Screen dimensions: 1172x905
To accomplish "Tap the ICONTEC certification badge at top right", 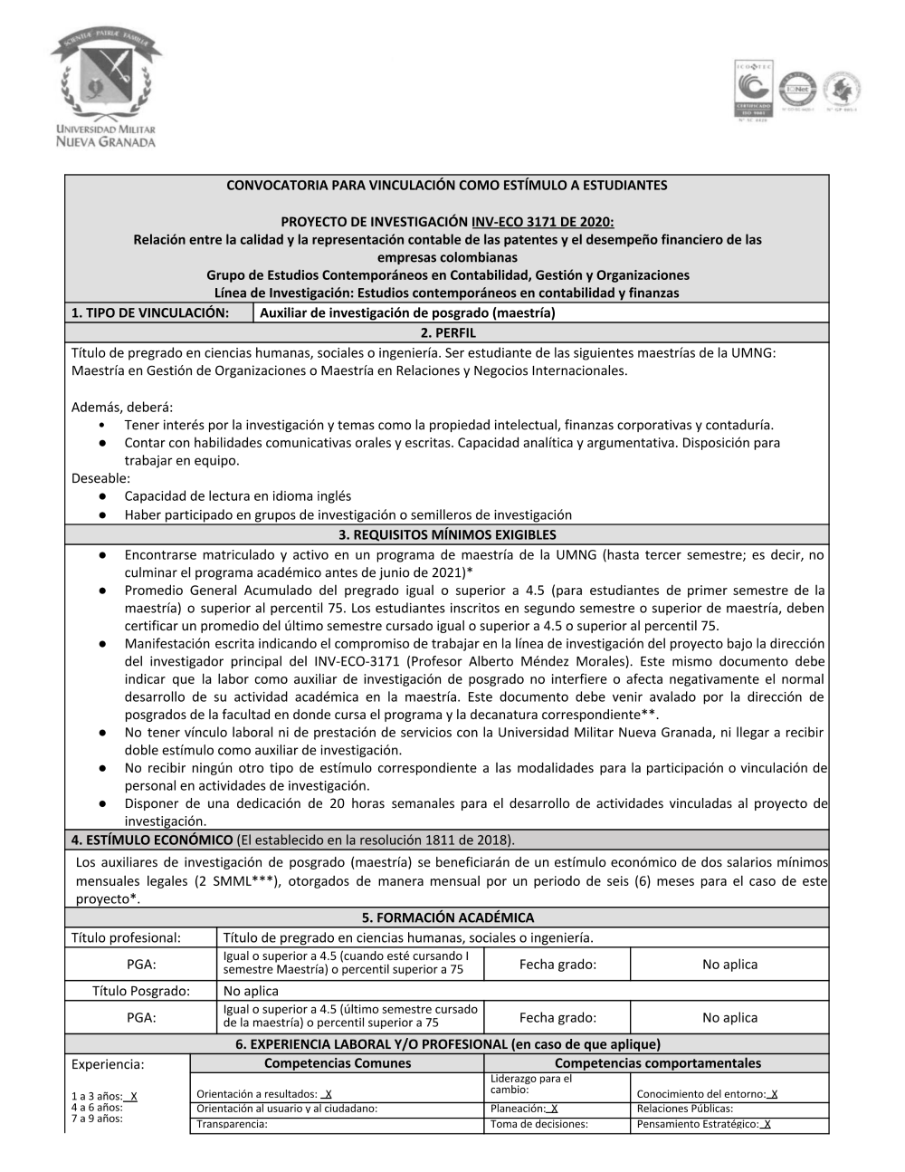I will (x=753, y=90).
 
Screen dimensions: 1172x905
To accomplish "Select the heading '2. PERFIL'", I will (x=447, y=332).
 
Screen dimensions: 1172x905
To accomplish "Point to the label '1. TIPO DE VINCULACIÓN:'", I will (x=149, y=313).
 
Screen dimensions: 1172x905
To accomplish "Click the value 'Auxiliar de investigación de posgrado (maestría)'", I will (x=407, y=313).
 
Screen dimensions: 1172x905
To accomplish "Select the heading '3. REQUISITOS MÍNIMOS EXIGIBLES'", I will (x=447, y=534).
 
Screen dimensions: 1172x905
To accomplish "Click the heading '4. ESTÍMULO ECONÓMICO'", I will (x=148, y=840).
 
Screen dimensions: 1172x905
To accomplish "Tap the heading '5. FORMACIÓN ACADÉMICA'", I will (x=447, y=917).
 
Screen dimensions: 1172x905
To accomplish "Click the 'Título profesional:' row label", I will (x=126, y=937).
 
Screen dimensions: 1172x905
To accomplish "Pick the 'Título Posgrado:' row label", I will (x=141, y=991).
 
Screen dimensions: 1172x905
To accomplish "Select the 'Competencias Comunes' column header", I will (x=338, y=1063).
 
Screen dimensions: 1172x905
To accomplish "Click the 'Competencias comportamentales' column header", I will (x=657, y=1063).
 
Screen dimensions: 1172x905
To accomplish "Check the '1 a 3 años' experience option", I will (x=103, y=1096).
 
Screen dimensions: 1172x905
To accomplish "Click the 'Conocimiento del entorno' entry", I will (x=707, y=1094).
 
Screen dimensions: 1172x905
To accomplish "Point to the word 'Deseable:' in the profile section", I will (x=100, y=477).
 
